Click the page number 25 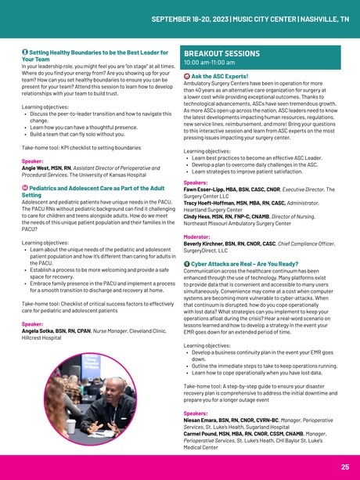[x=344, y=467]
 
